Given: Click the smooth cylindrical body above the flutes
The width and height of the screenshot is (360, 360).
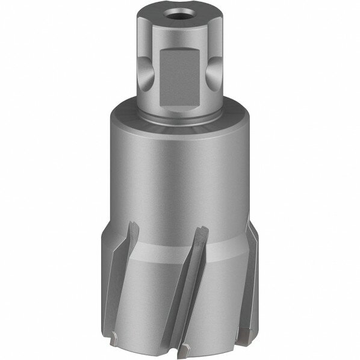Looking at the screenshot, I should [x=179, y=175].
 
